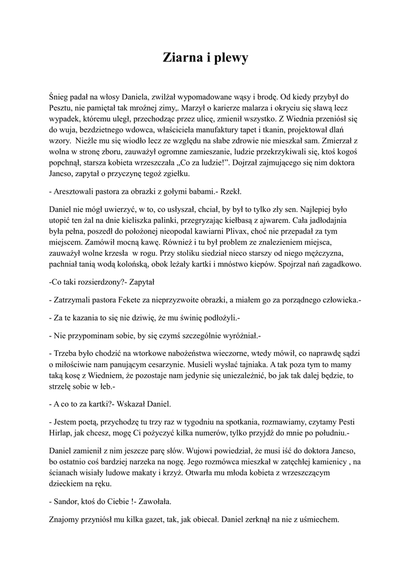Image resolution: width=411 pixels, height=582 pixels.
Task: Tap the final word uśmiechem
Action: [x=318, y=519]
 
